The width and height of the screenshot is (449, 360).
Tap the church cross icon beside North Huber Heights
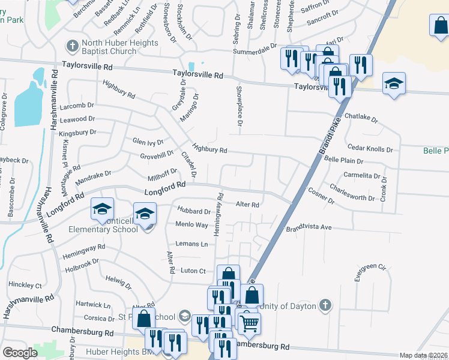point(72,46)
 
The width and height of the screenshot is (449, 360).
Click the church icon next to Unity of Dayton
point(325,305)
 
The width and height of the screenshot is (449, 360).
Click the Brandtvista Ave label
point(309,228)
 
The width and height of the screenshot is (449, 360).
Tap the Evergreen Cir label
point(372,266)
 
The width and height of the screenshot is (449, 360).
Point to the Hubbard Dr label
point(194,211)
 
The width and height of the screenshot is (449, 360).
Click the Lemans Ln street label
point(191,244)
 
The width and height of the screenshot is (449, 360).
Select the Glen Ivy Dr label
point(148,142)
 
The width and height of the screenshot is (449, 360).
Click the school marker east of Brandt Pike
point(394,83)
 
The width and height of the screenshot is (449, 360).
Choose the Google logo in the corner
point(20,352)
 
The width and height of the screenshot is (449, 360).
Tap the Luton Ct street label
point(193,271)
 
